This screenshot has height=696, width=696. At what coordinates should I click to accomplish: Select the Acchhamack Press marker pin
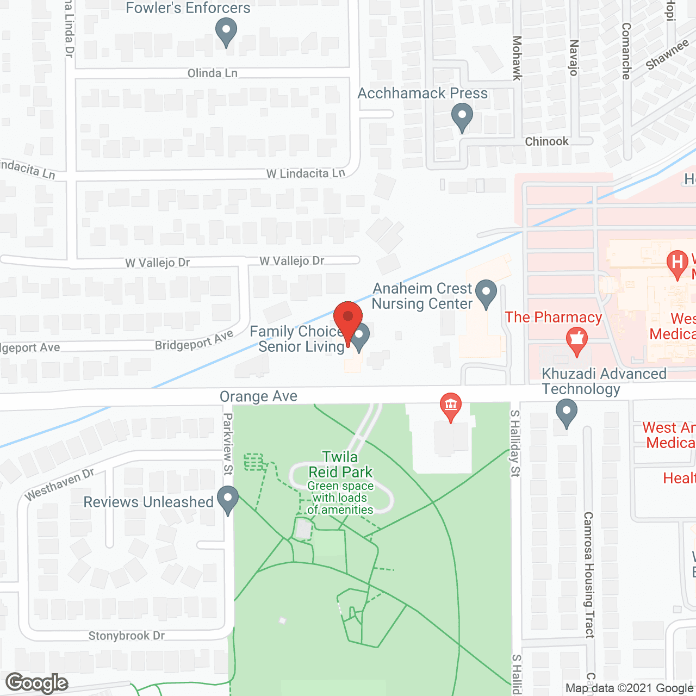tap(462, 116)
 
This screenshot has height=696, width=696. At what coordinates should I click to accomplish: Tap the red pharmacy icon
tap(576, 341)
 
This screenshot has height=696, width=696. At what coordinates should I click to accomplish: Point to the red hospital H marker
tap(678, 263)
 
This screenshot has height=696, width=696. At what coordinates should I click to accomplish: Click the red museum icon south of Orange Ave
tap(450, 406)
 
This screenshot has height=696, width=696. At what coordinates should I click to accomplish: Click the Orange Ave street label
tap(258, 396)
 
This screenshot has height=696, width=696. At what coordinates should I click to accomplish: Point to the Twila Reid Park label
tap(340, 464)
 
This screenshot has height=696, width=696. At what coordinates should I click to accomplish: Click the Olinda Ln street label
tap(212, 73)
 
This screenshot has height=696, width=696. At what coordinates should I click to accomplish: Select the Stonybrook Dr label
tap(127, 636)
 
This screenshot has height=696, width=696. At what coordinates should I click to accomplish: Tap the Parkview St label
tap(228, 444)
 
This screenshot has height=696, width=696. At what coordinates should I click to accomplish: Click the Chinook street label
tap(546, 141)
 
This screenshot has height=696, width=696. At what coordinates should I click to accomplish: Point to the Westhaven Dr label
tap(59, 484)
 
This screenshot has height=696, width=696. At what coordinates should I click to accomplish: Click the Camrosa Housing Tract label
tap(589, 574)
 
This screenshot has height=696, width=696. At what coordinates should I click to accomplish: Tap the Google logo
tap(37, 683)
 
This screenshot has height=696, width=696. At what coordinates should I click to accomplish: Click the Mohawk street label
tap(517, 58)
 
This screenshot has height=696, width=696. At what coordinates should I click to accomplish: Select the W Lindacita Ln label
tap(306, 173)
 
